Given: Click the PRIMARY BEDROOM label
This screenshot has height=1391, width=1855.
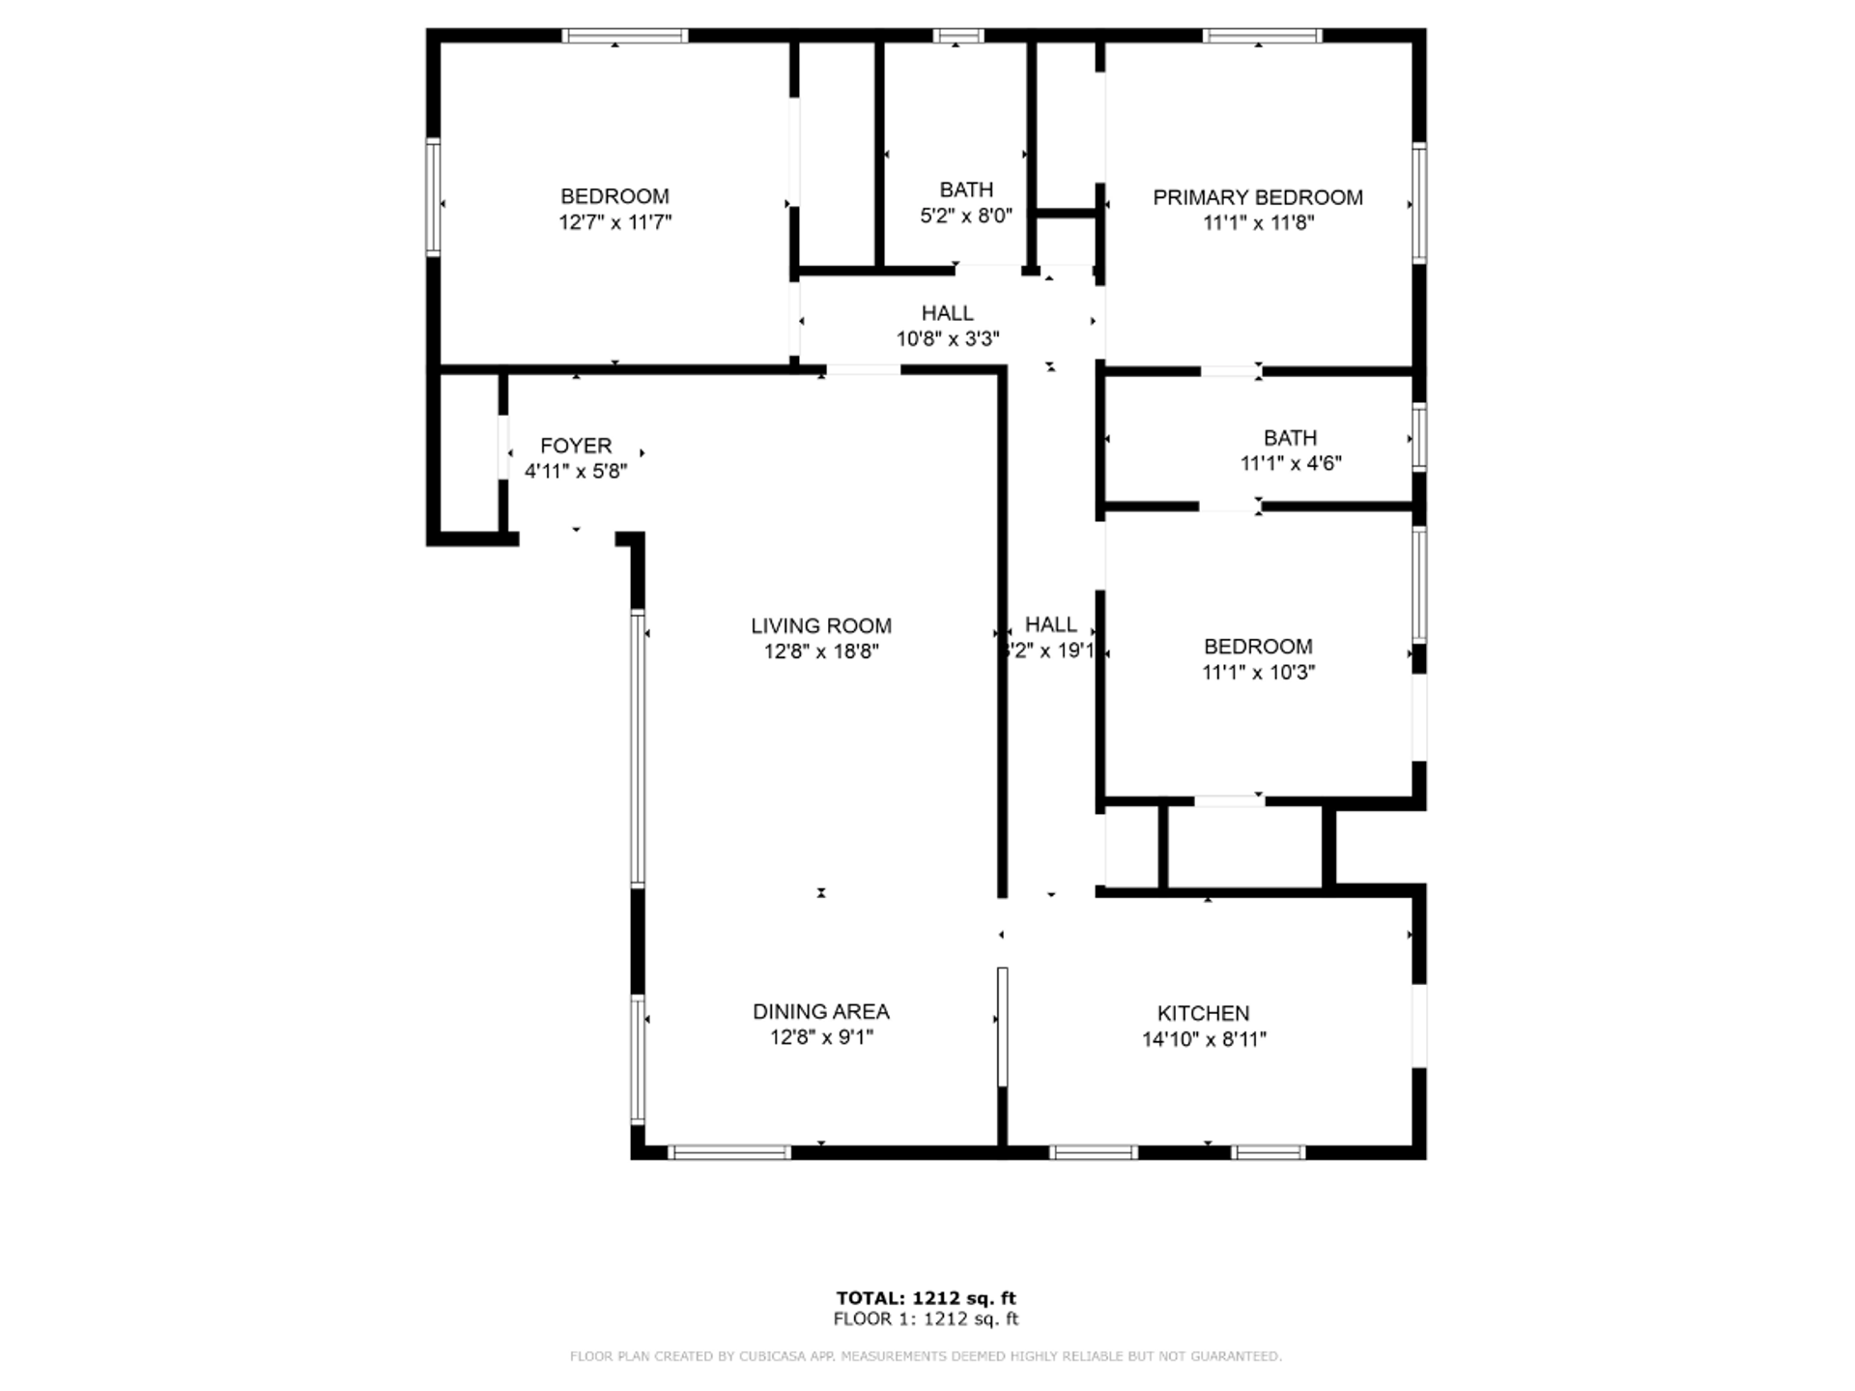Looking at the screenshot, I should [1257, 197].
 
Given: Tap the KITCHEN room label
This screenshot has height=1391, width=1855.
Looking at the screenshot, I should [1203, 1013].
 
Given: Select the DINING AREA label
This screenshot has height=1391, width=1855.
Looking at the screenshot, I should [820, 1011].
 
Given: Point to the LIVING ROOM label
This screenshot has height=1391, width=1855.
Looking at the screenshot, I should [820, 625].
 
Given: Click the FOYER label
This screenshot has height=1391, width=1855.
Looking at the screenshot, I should [576, 446].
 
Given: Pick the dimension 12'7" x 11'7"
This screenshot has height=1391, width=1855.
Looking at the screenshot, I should [614, 222].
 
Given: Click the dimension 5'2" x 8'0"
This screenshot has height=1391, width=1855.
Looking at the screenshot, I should [965, 216].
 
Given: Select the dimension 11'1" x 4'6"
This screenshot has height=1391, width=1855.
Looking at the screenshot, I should [1290, 463].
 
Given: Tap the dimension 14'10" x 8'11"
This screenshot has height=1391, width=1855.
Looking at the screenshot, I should [1203, 1039].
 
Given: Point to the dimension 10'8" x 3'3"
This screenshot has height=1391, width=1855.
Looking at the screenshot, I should [947, 339].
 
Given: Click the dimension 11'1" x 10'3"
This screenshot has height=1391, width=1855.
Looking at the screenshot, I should [1257, 672].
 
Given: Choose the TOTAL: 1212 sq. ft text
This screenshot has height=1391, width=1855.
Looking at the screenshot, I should [926, 1298].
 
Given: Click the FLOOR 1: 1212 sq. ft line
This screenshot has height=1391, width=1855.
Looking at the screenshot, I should [926, 1319].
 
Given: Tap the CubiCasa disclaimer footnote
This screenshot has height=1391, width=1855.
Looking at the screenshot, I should [926, 1356].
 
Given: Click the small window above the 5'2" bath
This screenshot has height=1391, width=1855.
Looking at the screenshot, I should [957, 37].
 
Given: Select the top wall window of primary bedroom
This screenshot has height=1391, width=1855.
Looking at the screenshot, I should [1262, 37].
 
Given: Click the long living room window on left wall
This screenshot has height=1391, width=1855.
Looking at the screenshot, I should [638, 748].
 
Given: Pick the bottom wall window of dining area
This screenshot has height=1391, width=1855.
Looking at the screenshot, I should [729, 1152].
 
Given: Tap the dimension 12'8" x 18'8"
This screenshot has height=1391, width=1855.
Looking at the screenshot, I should [820, 652].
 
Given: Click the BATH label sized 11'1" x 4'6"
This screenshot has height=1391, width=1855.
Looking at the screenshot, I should [1290, 438].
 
